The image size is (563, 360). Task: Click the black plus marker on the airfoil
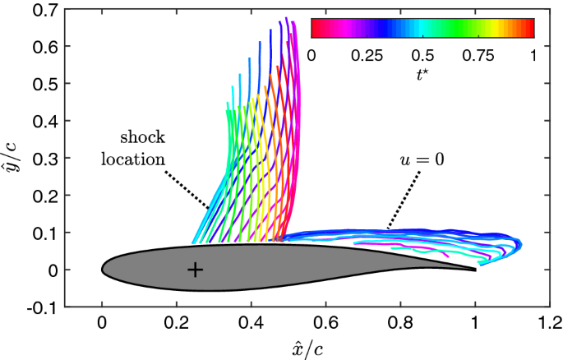[195, 270]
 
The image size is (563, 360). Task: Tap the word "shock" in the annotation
[142, 137]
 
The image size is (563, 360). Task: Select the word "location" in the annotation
[133, 159]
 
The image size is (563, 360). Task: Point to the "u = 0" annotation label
[422, 159]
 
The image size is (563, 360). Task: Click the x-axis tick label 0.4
[252, 323]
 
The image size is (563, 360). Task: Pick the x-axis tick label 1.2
[549, 323]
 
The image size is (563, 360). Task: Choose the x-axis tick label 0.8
[400, 323]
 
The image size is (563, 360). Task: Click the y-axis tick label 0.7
[45, 9]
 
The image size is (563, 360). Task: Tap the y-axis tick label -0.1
[43, 307]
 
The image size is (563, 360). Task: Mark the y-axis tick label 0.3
[45, 159]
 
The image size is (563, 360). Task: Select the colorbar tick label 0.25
[367, 56]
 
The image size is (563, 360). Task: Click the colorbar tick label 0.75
[478, 56]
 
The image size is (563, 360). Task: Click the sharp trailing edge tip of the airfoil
[476, 270]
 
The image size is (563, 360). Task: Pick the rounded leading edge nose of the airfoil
[102, 270]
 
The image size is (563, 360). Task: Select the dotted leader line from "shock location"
[187, 190]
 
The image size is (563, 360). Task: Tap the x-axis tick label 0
[102, 323]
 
